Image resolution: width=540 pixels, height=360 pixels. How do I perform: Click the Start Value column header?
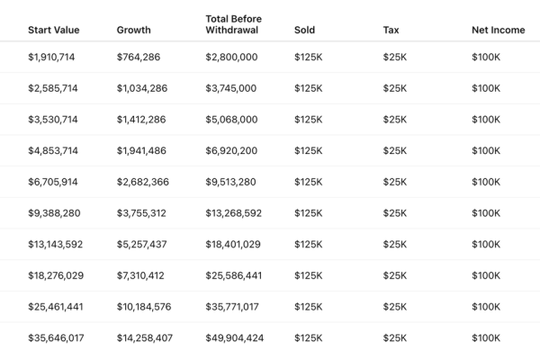click(x=54, y=30)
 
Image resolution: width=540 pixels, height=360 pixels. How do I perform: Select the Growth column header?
click(x=133, y=30)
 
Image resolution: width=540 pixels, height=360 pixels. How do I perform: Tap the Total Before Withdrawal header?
click(x=233, y=24)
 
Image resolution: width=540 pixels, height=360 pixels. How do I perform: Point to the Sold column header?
click(x=304, y=30)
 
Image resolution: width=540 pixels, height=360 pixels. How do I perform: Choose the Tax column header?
click(x=391, y=30)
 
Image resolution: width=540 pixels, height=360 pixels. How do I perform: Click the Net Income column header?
click(x=499, y=30)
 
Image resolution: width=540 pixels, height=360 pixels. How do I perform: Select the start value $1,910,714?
click(x=51, y=57)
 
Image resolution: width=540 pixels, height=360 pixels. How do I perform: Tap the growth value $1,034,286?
click(x=142, y=88)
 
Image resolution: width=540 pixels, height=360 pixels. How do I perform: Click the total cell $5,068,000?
click(x=231, y=120)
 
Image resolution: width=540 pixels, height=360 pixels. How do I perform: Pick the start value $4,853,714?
click(x=53, y=150)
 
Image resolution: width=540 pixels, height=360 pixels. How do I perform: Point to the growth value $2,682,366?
click(x=143, y=182)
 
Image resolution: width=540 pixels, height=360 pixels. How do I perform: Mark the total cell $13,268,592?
click(x=233, y=213)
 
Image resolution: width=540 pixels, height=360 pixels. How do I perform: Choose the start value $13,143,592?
click(x=56, y=244)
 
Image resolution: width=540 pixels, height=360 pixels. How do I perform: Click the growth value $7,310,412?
click(x=140, y=275)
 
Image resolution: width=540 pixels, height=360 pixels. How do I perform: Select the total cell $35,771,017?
click(x=232, y=307)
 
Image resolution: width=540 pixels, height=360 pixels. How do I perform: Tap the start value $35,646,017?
click(x=56, y=338)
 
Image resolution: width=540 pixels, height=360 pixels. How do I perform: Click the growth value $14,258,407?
click(x=145, y=338)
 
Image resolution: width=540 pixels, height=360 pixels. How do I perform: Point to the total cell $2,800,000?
click(x=231, y=57)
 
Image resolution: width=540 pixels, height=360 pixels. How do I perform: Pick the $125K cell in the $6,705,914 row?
click(x=308, y=182)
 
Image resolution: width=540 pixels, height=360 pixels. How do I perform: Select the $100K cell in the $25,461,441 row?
click(x=486, y=307)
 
